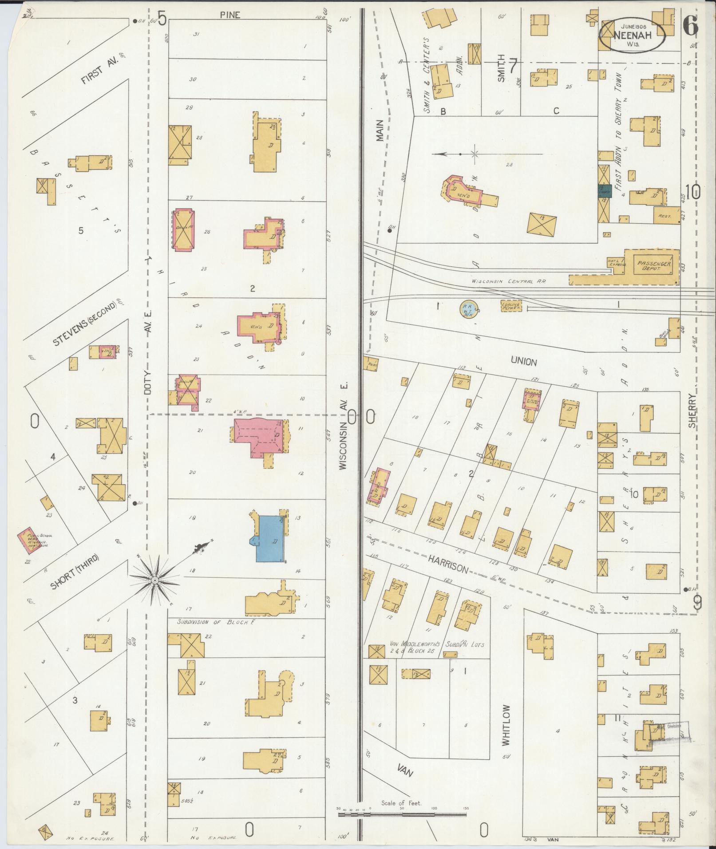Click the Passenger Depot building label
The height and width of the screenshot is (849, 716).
click(x=655, y=266)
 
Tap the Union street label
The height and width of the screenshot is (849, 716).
click(x=524, y=361)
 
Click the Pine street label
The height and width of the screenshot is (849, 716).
click(x=230, y=15)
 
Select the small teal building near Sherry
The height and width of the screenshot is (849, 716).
click(x=605, y=191)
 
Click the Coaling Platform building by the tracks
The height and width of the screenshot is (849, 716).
click(x=511, y=306)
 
